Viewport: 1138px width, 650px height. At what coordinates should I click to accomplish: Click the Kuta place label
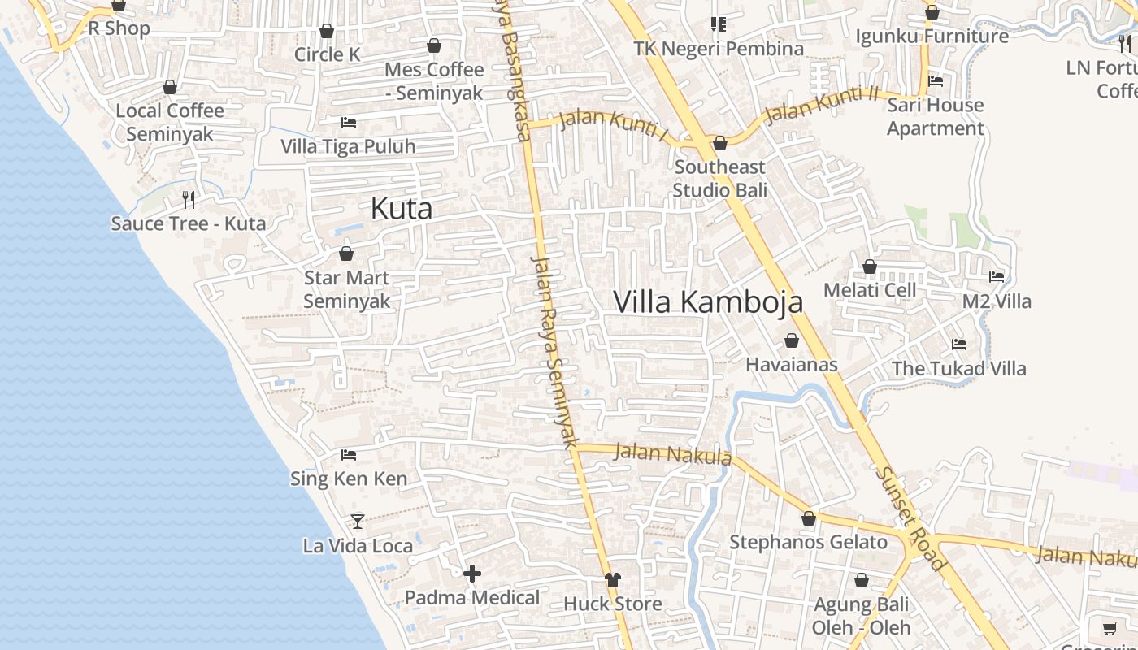coord(402,209)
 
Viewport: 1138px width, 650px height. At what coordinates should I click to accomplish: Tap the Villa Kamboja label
coord(708,301)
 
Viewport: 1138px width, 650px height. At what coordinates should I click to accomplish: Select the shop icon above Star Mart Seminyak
coord(346,253)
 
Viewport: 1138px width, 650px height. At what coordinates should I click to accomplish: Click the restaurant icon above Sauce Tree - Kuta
coord(189,199)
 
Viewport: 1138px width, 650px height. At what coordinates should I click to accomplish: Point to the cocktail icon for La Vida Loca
coord(358,521)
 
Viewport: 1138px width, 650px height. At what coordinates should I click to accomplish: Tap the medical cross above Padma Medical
coord(472,574)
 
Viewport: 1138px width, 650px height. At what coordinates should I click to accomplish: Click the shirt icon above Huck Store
coord(613,579)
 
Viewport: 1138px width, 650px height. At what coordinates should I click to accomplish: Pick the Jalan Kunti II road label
coord(822,102)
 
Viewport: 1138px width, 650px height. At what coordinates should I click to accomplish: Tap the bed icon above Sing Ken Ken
coord(349,454)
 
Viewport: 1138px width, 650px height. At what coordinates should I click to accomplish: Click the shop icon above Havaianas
coord(792,340)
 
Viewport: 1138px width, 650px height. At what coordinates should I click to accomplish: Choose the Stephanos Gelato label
coord(808,542)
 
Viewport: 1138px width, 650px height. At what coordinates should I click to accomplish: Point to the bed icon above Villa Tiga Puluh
coord(349,123)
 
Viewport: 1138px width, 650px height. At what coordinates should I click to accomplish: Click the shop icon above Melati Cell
coord(870,266)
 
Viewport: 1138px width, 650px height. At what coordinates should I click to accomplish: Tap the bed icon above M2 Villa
coord(997,277)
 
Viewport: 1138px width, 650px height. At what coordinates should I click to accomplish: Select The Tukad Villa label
coord(959,368)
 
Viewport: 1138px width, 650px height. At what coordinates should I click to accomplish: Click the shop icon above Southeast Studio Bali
coord(720,144)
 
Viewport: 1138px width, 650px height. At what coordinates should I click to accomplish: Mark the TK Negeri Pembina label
coord(719,49)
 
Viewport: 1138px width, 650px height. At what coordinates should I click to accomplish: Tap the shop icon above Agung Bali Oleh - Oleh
coord(862,580)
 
